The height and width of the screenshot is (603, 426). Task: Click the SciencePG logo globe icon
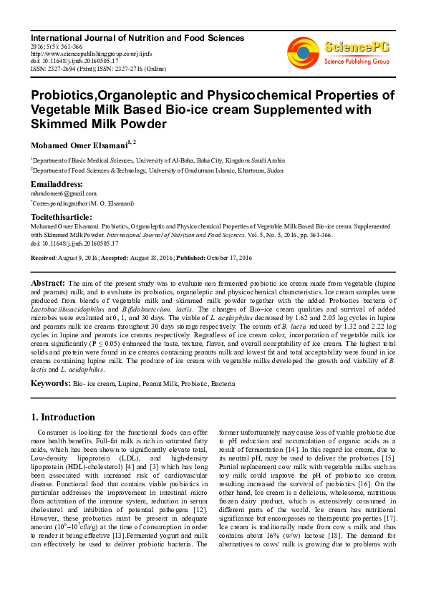[303, 52]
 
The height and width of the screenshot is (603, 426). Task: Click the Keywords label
[49, 384]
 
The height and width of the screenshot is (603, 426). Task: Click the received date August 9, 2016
[84, 257]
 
